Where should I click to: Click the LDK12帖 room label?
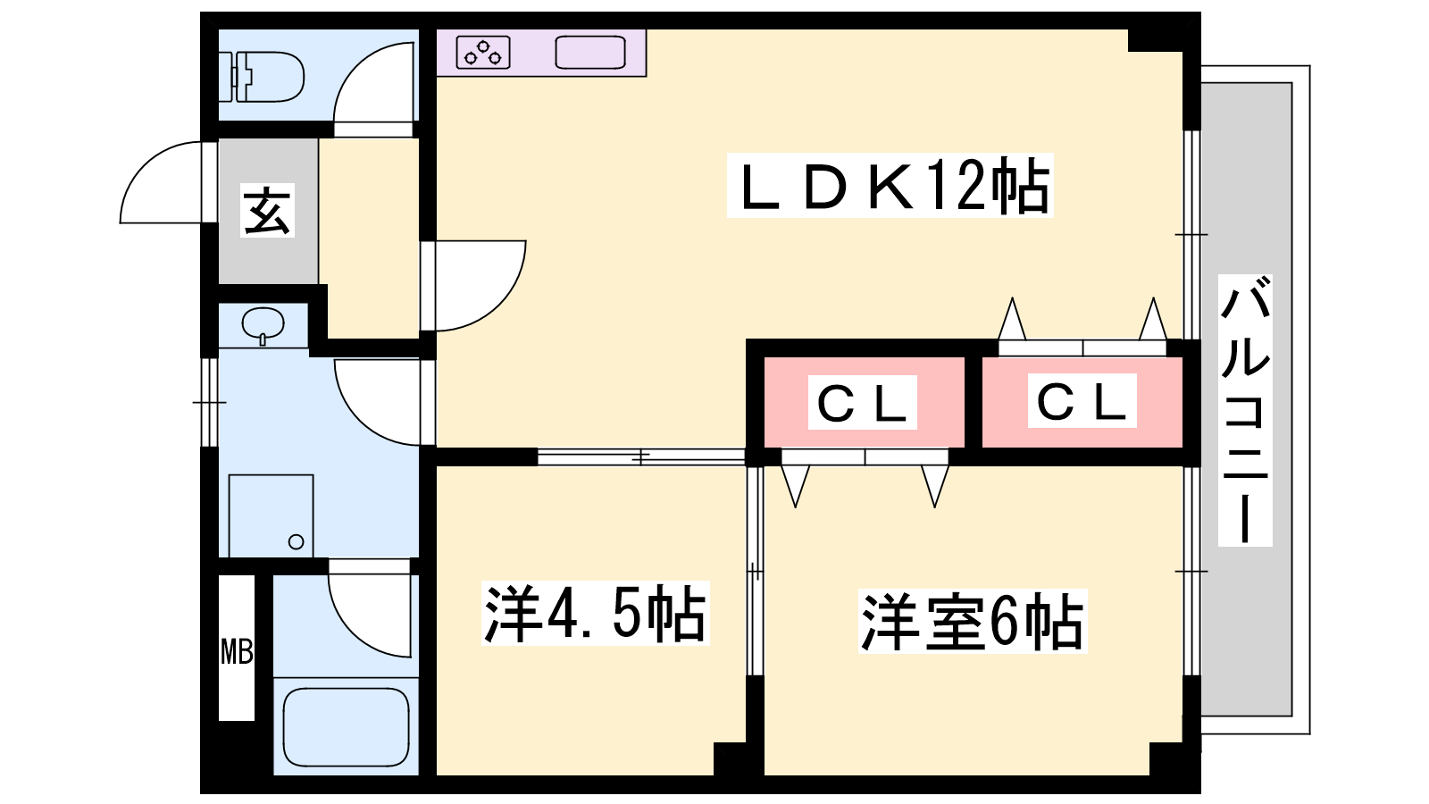[890, 186]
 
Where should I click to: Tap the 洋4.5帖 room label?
[595, 615]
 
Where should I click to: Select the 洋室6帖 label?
[972, 622]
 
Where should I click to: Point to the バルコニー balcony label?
[1245, 411]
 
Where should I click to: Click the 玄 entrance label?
[268, 211]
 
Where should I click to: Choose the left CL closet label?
[863, 403]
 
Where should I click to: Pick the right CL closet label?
[1082, 401]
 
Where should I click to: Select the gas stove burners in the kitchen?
[483, 53]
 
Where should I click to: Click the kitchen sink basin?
[590, 53]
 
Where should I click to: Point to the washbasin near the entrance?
[263, 323]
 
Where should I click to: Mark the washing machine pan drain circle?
[297, 541]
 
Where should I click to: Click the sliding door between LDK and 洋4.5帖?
[641, 456]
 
